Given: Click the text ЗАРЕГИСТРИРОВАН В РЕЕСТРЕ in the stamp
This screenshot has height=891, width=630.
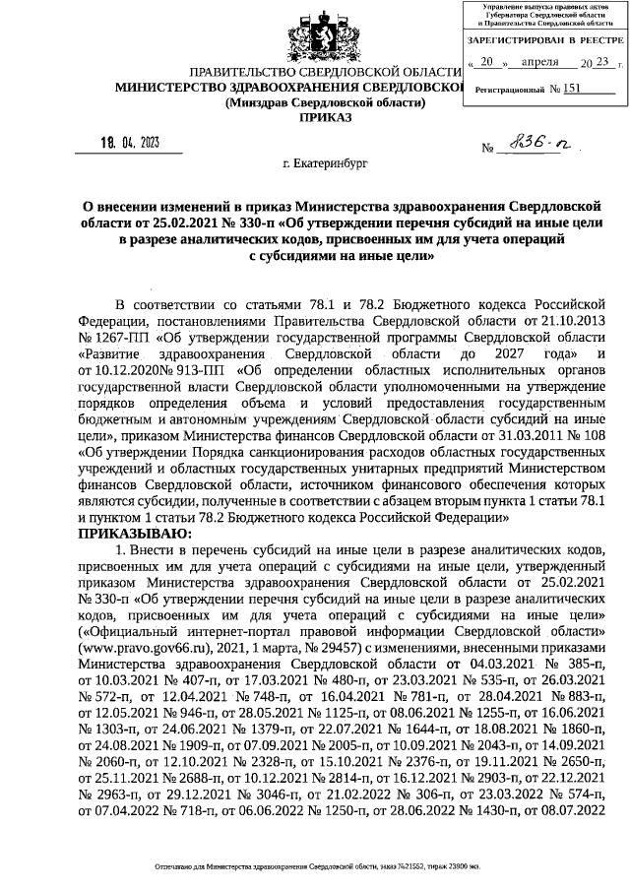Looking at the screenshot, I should click(545, 41).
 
